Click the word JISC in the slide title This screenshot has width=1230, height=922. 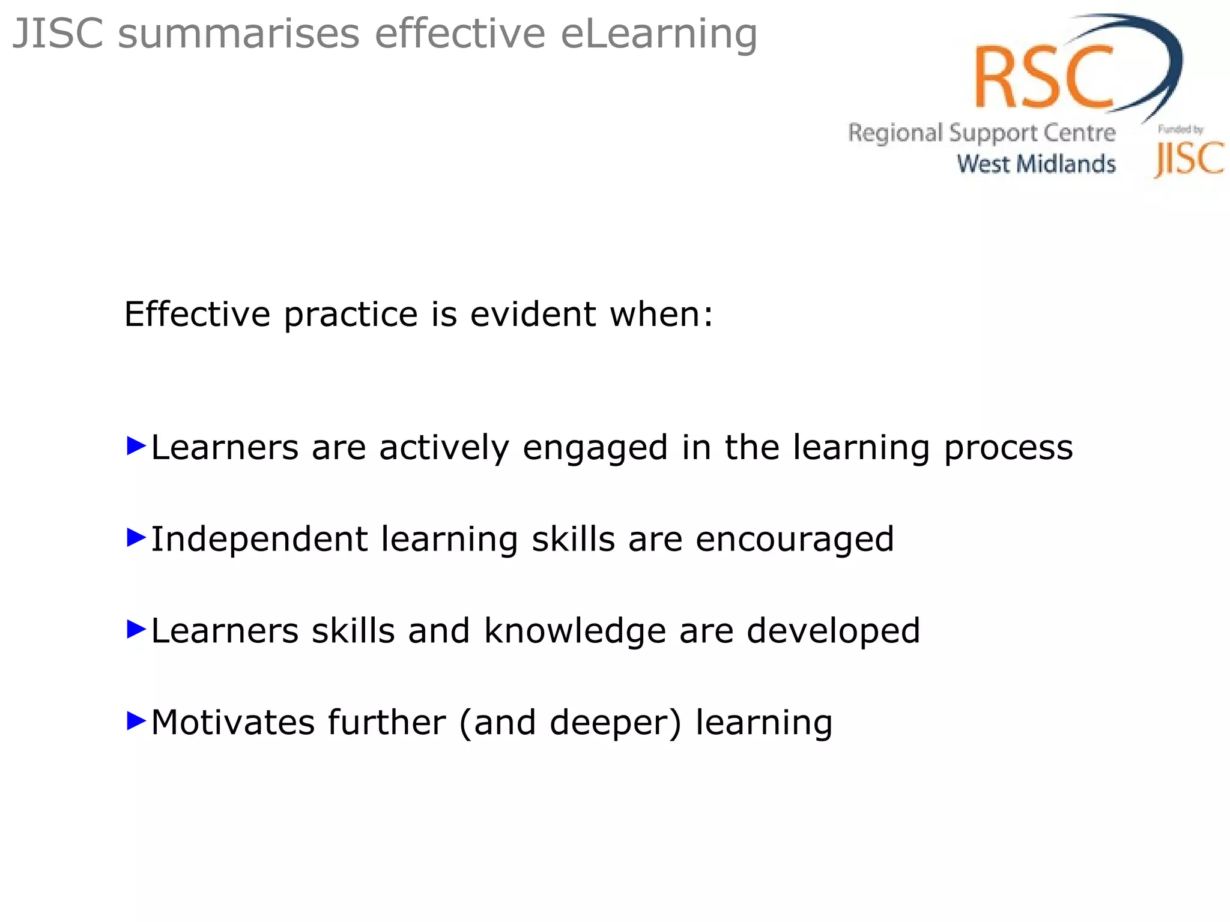click(58, 34)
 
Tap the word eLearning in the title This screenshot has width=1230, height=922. click(659, 35)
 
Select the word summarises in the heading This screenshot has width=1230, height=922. click(238, 34)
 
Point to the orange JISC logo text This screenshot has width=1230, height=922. click(1189, 159)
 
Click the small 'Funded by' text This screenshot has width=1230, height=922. click(1180, 129)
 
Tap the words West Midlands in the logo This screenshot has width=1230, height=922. click(1036, 164)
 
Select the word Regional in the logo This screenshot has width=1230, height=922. click(895, 133)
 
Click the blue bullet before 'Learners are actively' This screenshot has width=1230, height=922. click(137, 446)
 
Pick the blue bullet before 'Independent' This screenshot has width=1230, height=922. click(137, 538)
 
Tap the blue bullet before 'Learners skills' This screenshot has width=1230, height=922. click(137, 630)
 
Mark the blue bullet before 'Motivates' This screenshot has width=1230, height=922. click(137, 721)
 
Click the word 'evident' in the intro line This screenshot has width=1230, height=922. click(533, 314)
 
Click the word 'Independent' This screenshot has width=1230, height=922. click(259, 539)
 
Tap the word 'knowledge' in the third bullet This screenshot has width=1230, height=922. click(575, 631)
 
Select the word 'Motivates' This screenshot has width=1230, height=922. click(232, 722)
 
